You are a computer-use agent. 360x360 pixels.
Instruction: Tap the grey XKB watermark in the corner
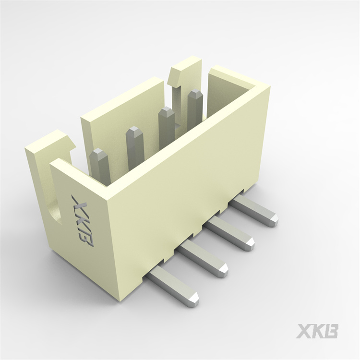[x=317, y=331]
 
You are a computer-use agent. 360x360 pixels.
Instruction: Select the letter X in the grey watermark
[x=303, y=331]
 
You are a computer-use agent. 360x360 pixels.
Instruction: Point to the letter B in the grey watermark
[x=331, y=331]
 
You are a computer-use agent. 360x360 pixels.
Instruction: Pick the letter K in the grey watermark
[x=317, y=331]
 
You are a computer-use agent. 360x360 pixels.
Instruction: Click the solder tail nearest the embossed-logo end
[x=173, y=286]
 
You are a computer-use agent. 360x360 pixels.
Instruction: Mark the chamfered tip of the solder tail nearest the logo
[x=192, y=299]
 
